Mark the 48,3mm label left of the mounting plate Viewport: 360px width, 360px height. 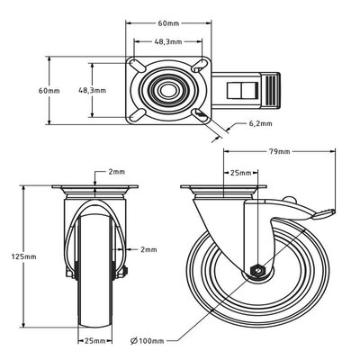(x=93, y=90)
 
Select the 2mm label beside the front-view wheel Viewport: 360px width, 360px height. (x=148, y=249)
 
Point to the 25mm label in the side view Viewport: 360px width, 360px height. (x=238, y=172)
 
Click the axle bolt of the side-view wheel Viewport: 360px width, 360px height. (x=259, y=270)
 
